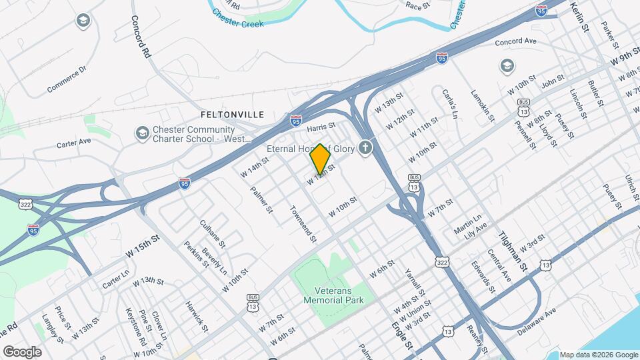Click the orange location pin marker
pos(321,159)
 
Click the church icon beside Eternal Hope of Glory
pos(365,148)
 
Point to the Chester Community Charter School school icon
pos(141,133)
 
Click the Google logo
pos(22,351)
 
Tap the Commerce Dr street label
pos(67,79)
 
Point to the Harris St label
pos(321,125)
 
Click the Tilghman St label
pos(513,251)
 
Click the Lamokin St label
pos(483,105)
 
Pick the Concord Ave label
pos(515,41)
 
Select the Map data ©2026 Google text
pos(598,355)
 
